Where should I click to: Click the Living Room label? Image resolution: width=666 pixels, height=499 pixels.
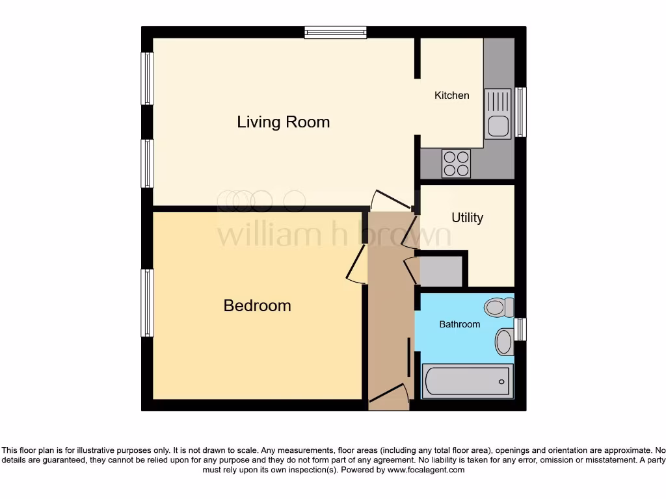coord(283,122)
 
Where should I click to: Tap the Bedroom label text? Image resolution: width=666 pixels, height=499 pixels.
coord(257,305)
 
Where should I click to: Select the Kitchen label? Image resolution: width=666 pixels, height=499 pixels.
coord(451,96)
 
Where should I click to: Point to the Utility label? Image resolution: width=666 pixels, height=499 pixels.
coord(467,218)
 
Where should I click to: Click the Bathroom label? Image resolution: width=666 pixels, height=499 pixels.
coord(459,324)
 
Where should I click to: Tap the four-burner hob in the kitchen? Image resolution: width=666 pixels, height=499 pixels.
coord(456,163)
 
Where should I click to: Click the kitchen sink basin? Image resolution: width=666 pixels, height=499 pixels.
coord(499,125)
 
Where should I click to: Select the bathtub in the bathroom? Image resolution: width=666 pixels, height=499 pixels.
coord(467,381)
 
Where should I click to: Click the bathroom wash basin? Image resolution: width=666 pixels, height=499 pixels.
coord(504,342)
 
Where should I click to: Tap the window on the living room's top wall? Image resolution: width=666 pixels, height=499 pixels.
coord(336,32)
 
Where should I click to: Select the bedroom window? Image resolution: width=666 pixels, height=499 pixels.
coord(148,303)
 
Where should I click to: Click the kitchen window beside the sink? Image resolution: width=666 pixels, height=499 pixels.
coord(520,112)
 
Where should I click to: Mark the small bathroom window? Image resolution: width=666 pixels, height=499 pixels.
coord(520,329)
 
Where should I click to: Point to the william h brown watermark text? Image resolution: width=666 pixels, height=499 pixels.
coord(333,234)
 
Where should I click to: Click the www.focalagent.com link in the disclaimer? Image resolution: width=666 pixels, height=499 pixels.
coord(426,470)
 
